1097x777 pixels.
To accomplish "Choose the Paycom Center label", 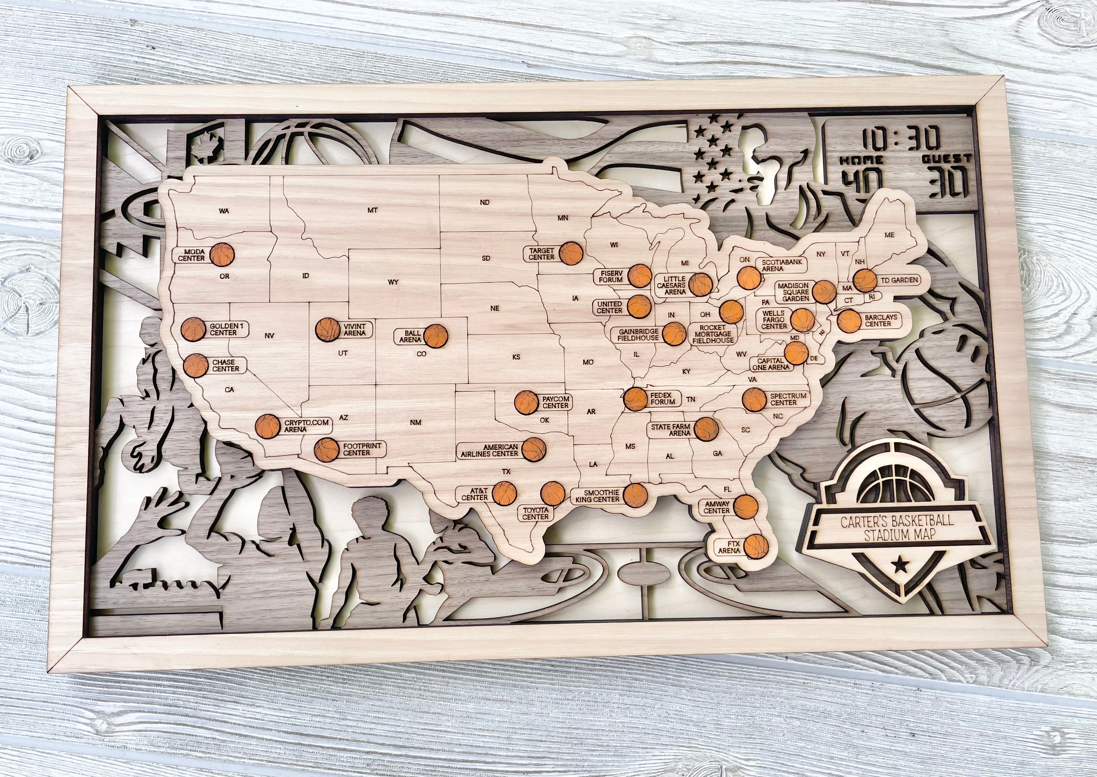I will (555, 402).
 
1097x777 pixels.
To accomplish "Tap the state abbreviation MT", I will (372, 210).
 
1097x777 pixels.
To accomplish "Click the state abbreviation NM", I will (416, 422).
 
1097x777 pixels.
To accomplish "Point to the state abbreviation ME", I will (889, 235).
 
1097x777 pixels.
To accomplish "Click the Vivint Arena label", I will (354, 330).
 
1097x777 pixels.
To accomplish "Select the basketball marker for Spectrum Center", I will (755, 400).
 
